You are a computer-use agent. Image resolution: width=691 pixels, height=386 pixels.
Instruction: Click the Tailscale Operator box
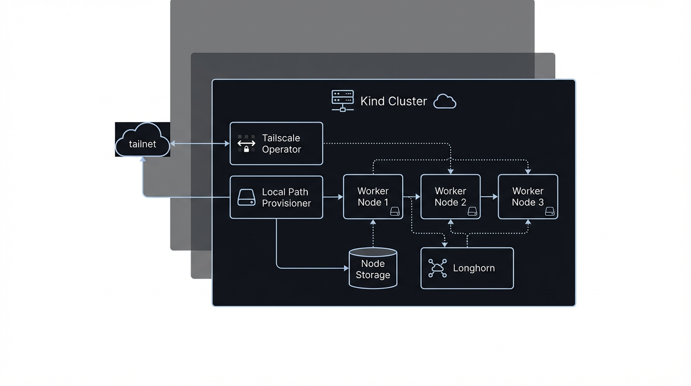[x=276, y=144]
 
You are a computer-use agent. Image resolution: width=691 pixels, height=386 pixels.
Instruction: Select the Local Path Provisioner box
[x=276, y=198]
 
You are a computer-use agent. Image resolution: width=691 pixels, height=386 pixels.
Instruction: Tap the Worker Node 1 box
[x=373, y=197]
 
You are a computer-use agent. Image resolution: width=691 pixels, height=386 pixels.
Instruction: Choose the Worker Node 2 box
[x=450, y=197]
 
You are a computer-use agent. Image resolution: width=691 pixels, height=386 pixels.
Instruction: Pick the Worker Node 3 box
[x=527, y=197]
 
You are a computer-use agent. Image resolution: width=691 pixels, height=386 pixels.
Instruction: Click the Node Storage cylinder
[x=373, y=268]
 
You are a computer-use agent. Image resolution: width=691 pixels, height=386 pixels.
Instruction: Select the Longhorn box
[x=467, y=268]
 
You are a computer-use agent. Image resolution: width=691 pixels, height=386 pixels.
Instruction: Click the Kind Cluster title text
[x=393, y=101]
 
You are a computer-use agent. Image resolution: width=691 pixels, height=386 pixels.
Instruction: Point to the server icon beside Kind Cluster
[x=342, y=101]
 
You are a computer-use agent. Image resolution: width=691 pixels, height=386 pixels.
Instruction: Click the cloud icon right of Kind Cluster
[x=444, y=102]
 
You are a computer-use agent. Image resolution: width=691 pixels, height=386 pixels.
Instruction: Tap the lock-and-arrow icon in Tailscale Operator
[x=246, y=144]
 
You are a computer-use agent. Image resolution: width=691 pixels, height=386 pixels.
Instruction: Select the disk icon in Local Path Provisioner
[x=246, y=198]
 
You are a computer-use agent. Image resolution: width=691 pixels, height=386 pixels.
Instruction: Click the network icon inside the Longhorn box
[x=437, y=268]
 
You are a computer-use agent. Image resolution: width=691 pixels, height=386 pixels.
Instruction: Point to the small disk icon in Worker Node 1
[x=395, y=212]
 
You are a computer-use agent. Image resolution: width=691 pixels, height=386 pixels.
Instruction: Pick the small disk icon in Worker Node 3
[x=550, y=212]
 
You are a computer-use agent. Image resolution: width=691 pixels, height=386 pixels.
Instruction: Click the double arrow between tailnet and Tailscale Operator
[x=200, y=144]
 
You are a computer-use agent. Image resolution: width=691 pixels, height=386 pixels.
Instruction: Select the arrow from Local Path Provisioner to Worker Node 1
[x=332, y=197]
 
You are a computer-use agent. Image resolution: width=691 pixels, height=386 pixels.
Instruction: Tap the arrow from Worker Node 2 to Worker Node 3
[x=489, y=197]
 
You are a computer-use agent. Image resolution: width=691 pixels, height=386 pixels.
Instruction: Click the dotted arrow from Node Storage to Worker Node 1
[x=373, y=233]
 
